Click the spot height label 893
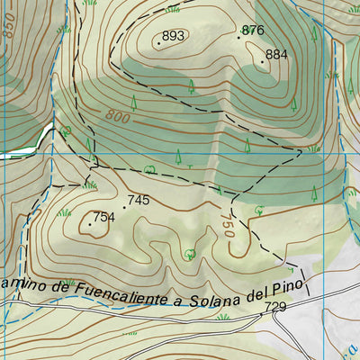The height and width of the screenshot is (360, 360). pyautogui.click(x=174, y=36)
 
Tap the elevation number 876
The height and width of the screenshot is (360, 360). pyautogui.click(x=254, y=30)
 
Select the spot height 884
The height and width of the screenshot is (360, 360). pyautogui.click(x=276, y=54)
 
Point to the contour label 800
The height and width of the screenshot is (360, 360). pyautogui.click(x=116, y=116)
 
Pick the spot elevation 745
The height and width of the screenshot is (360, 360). pyautogui.click(x=138, y=200)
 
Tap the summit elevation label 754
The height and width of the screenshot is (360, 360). pyautogui.click(x=104, y=217)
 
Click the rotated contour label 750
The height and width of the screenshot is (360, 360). pyautogui.click(x=227, y=225)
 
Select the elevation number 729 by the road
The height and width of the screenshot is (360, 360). pyautogui.click(x=275, y=308)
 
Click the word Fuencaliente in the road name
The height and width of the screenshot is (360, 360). pyautogui.click(x=118, y=290)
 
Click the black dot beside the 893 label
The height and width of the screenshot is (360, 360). pyautogui.click(x=159, y=42)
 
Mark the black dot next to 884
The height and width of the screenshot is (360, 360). pyautogui.click(x=263, y=61)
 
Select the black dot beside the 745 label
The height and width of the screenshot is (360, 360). pyautogui.click(x=124, y=207)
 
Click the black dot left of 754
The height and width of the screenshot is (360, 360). pyautogui.click(x=93, y=216)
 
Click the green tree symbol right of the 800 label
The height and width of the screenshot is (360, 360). pyautogui.click(x=132, y=103)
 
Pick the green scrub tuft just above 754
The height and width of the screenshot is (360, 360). pyautogui.click(x=90, y=184)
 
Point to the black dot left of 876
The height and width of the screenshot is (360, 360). pyautogui.click(x=239, y=37)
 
